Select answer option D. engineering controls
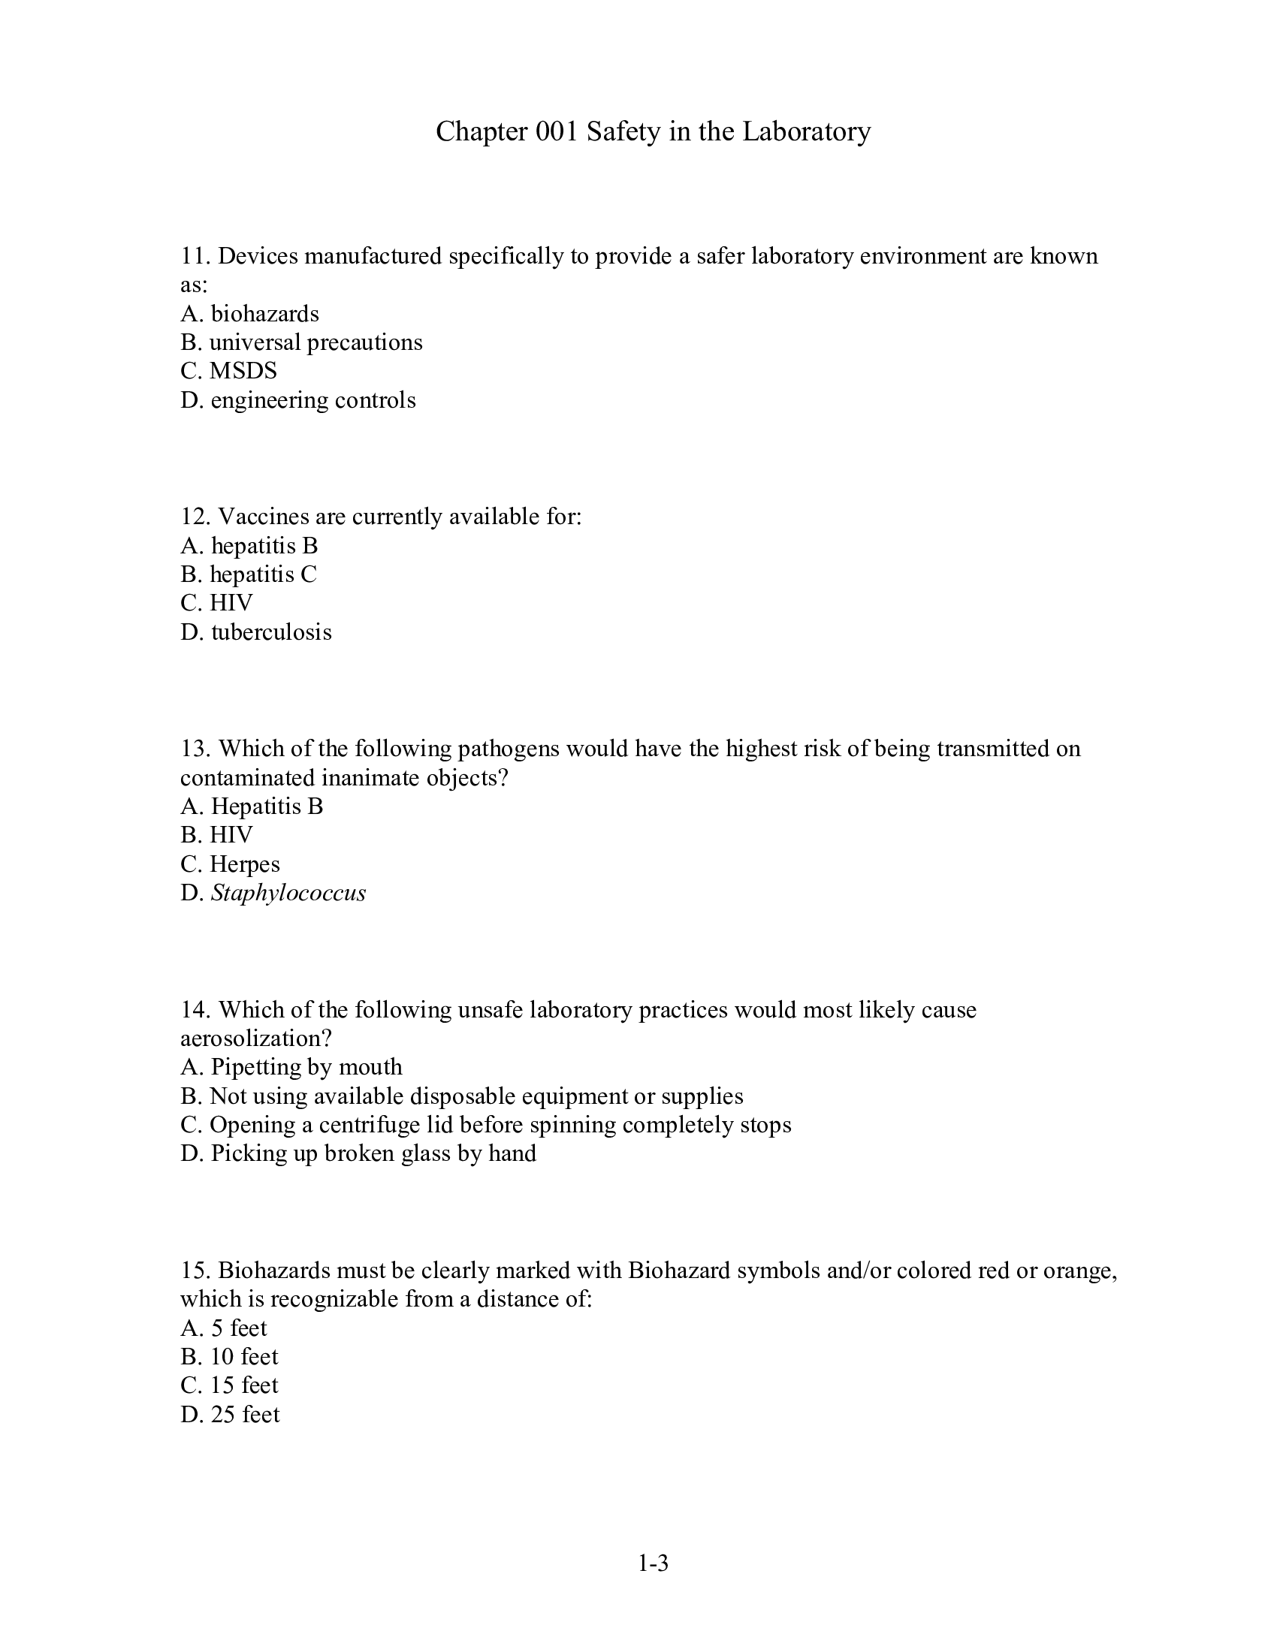(x=298, y=399)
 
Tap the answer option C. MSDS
(x=228, y=371)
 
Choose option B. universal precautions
(x=301, y=342)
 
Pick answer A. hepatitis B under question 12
(x=249, y=545)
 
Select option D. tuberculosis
(x=255, y=632)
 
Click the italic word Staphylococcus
(x=288, y=894)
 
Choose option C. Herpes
(x=230, y=864)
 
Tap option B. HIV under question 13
(x=216, y=835)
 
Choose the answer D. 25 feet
(x=230, y=1415)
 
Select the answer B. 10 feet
(x=229, y=1356)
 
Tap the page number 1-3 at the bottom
(x=653, y=1563)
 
